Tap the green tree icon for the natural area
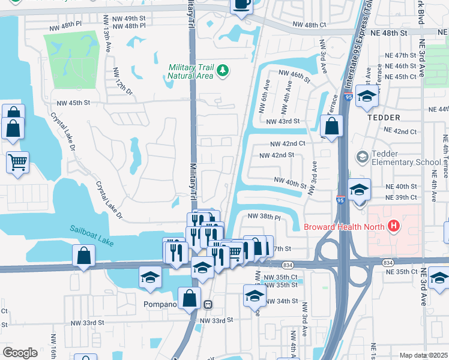[x=223, y=71]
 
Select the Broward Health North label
[x=345, y=226]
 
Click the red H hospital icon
[x=394, y=226]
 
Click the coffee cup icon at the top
[x=242, y=4]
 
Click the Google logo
[x=20, y=353]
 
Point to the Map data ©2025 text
[x=423, y=355]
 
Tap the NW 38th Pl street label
[x=265, y=216]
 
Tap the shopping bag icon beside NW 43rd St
[x=331, y=127]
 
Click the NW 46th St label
[x=293, y=75]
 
